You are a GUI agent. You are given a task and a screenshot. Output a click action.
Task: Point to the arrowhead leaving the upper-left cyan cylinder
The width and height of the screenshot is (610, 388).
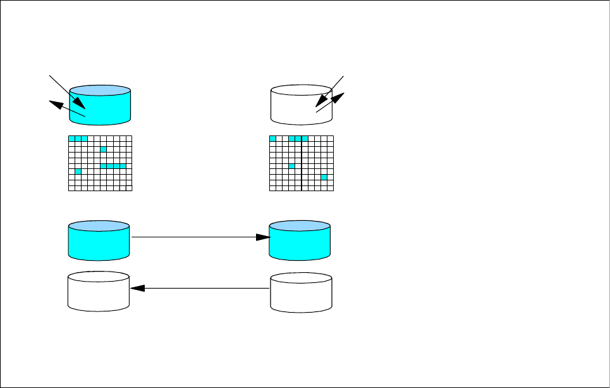55,104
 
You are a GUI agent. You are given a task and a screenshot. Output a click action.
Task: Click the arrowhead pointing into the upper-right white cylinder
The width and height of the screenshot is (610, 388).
322,100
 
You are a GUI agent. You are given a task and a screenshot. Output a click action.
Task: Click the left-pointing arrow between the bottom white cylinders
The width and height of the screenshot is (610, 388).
199,289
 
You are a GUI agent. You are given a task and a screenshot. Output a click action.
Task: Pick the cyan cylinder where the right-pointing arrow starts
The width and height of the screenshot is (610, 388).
98,241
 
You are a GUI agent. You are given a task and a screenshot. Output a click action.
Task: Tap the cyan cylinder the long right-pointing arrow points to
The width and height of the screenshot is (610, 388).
300,241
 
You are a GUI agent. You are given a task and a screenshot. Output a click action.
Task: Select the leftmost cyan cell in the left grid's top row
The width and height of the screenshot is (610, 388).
71,138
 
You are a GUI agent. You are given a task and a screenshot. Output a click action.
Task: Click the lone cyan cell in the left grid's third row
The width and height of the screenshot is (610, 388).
104,149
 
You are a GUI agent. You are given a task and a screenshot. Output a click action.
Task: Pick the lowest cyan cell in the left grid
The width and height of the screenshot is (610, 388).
78,172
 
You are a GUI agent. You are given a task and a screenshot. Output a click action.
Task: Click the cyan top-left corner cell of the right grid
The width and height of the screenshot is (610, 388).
273,138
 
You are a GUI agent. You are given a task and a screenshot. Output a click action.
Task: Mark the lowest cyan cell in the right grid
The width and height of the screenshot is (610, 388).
324,177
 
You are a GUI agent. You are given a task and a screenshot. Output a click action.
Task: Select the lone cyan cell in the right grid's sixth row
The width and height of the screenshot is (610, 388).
292,166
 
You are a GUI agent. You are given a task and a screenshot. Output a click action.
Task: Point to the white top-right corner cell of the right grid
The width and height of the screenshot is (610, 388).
330,138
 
